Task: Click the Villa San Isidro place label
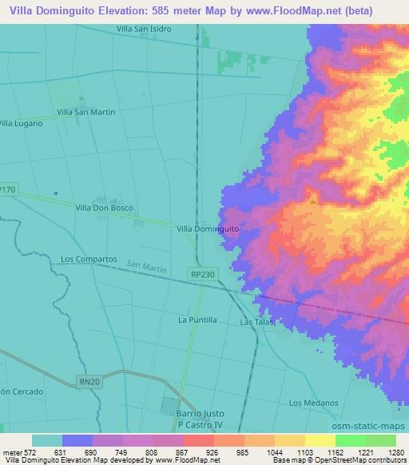coord(144,28)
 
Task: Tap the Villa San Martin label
coord(85,112)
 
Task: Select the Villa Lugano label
coord(20,123)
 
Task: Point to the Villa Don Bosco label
coord(104,208)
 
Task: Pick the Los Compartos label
coord(89,260)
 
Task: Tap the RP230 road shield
coord(202,274)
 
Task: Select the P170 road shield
coord(8,189)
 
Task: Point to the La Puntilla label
coord(197,320)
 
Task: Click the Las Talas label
coord(257,323)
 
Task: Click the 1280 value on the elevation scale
coord(397,452)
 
